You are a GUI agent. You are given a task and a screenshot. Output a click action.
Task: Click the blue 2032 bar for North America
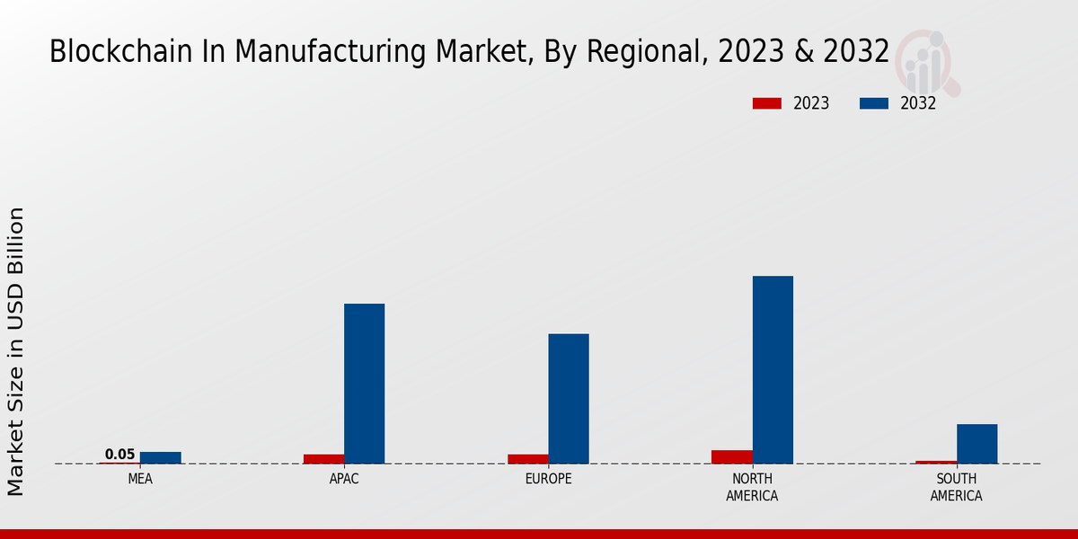773,369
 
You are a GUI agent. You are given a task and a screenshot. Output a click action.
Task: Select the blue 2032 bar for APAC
364,384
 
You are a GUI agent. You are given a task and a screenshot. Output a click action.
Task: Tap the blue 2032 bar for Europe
569,399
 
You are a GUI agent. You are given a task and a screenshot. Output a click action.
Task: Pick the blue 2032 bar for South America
976,444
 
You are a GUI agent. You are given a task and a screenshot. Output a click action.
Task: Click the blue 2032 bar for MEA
160,458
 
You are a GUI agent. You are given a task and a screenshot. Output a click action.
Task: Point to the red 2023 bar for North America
731,457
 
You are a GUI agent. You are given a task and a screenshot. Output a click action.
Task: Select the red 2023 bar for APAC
323,459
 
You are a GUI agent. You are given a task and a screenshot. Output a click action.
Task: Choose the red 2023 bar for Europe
527,459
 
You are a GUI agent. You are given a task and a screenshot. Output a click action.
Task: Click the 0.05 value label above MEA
119,455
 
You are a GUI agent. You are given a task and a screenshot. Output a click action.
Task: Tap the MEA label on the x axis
140,479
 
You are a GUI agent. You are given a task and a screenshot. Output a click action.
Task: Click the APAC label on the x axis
344,479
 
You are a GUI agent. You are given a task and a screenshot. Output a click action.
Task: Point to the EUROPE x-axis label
548,479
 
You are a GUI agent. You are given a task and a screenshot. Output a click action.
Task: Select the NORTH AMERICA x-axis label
752,487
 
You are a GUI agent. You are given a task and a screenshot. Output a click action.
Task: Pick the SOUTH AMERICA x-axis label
956,487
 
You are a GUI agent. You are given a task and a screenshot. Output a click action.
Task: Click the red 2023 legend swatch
766,103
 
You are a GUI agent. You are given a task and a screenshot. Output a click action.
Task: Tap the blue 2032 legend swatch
873,103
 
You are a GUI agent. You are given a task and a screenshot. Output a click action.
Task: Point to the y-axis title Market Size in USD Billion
16,350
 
